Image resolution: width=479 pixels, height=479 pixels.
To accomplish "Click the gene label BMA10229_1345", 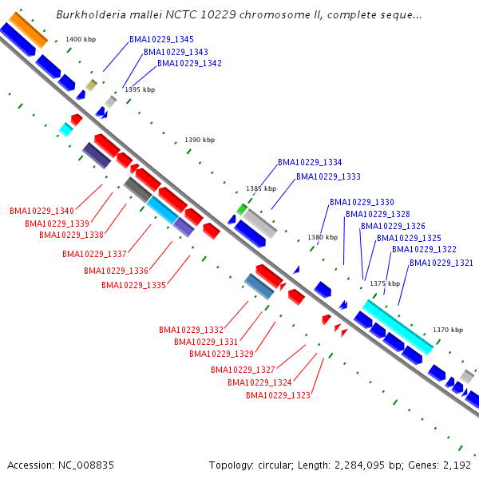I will coord(161,39).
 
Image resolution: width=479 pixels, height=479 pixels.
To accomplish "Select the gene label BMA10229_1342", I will coord(189,63).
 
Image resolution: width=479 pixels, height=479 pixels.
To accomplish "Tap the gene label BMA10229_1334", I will coord(310,162).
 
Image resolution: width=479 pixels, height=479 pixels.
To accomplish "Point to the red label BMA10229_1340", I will coord(42,211).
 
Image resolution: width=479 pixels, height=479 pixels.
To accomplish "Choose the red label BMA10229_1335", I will coord(133,285).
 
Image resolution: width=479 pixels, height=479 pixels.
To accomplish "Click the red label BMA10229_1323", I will coord(278,395).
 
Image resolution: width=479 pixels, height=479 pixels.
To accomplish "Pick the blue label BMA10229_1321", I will coord(441,263).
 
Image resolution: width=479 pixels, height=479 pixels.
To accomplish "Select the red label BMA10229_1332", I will coord(191,330).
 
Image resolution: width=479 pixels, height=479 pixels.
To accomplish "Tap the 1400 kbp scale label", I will coord(81,39).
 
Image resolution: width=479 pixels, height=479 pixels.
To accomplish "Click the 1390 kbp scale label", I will coord(200,140).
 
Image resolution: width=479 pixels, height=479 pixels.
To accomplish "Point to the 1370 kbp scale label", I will coord(448,330).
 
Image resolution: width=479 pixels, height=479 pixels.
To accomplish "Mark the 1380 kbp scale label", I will coord(323,237).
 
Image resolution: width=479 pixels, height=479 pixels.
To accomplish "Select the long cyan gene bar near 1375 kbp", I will coord(398,327).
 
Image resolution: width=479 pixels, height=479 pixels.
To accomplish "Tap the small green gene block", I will coord(242,209).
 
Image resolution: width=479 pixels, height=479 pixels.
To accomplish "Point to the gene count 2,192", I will coord(457,465).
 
